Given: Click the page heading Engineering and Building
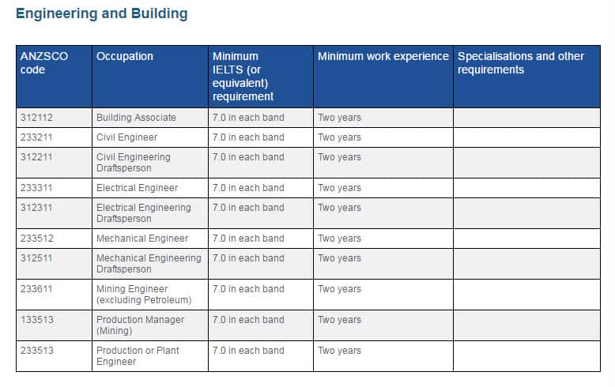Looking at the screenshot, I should (102, 13).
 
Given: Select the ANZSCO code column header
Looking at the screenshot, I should (44, 63).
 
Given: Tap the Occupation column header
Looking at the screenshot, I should (125, 57).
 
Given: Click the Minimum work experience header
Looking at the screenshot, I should (383, 57).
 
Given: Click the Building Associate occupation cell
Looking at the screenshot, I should (136, 118).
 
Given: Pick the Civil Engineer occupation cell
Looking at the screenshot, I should (127, 137).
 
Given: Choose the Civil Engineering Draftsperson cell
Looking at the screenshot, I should (134, 163).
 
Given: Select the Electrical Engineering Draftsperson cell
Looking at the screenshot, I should (144, 213).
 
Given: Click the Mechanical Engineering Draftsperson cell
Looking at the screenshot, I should (149, 264).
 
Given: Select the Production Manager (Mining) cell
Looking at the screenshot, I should (140, 325).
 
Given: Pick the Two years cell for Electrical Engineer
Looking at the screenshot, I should (340, 188).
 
